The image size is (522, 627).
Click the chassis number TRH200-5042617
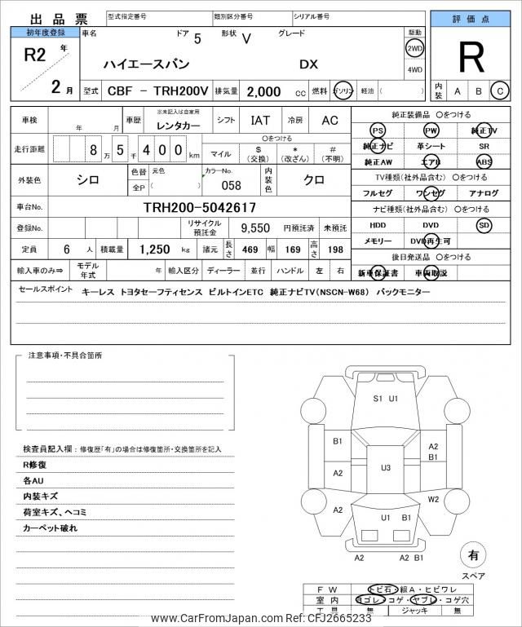click(x=200, y=208)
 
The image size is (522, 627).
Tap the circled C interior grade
click(x=500, y=91)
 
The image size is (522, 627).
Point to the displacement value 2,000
click(x=263, y=91)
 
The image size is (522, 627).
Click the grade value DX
click(x=309, y=64)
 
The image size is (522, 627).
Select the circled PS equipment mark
click(x=377, y=130)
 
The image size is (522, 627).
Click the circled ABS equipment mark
click(x=484, y=161)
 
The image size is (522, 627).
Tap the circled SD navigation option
click(x=484, y=224)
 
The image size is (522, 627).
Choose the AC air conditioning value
click(x=330, y=120)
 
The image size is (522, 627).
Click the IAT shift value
click(x=261, y=120)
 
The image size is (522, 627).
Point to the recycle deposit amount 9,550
click(x=254, y=228)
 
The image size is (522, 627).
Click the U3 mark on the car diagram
click(x=385, y=467)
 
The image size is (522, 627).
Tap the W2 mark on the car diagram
click(x=434, y=499)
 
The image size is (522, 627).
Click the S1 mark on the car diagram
click(x=378, y=399)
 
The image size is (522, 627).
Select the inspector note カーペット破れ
click(x=51, y=528)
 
